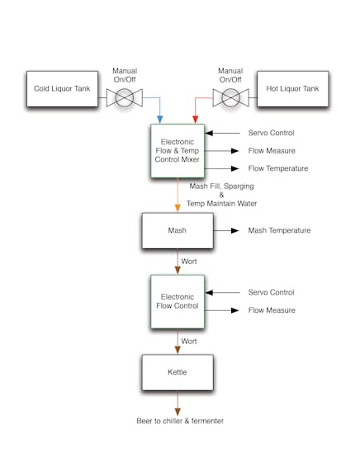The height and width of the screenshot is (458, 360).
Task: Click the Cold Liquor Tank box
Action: [62, 89]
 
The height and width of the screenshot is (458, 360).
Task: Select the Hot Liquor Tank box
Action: [293, 89]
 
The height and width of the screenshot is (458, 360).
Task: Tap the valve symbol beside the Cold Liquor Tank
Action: [125, 97]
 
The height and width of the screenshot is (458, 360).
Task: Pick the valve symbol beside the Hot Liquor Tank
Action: [231, 97]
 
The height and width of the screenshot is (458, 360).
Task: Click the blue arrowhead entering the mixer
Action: [160, 120]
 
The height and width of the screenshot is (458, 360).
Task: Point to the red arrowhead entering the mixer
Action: [195, 120]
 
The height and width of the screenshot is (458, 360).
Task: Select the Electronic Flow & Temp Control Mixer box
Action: [178, 151]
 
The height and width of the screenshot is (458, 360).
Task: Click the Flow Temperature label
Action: [278, 168]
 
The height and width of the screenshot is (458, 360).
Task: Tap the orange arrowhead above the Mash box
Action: [178, 208]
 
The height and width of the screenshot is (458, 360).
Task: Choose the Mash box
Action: [178, 231]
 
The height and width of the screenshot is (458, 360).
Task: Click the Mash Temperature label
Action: [279, 230]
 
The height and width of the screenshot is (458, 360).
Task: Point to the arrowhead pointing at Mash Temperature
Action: [235, 231]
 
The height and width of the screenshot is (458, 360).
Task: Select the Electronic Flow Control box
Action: [178, 301]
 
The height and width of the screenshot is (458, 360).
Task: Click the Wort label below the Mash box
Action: [189, 262]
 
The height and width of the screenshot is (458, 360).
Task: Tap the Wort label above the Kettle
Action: [189, 341]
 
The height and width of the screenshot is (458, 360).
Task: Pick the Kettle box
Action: [178, 372]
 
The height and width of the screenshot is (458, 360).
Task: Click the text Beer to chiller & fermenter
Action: [180, 421]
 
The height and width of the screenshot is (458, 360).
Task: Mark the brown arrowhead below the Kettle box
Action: [178, 412]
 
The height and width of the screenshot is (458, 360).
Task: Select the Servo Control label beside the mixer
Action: [271, 133]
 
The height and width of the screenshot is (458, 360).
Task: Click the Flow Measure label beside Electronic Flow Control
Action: [272, 310]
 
